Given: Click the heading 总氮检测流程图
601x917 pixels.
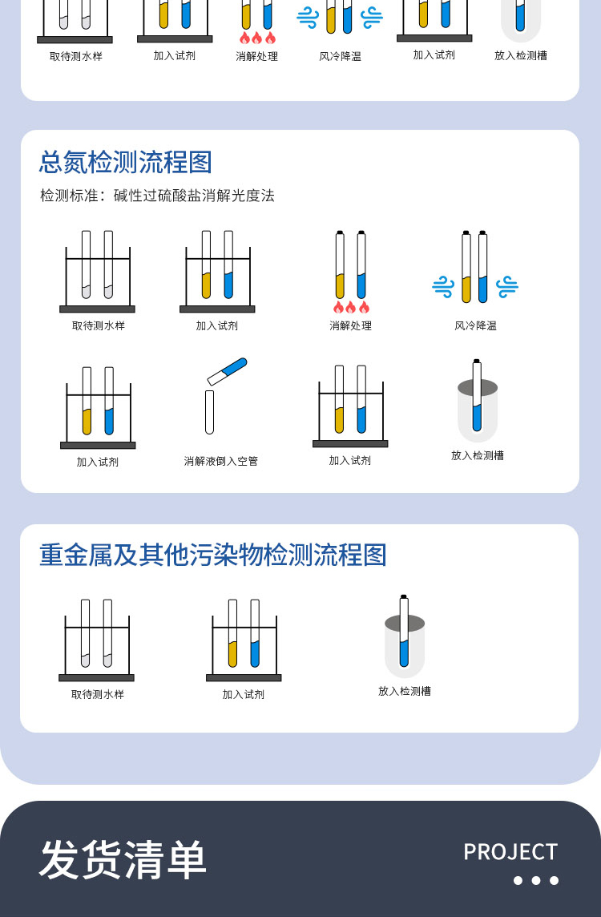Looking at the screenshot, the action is [126, 162].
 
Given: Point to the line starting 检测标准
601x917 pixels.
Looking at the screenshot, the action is [157, 196].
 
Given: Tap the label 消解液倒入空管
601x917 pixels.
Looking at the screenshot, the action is [221, 462].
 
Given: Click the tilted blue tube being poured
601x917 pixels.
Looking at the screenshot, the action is [228, 371].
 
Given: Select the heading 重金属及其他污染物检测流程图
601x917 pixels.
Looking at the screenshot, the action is [213, 555].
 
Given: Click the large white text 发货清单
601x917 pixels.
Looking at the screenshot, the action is [123, 859].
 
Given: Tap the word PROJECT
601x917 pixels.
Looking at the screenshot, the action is [510, 852].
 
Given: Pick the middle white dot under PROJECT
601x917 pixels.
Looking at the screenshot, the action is [535, 880].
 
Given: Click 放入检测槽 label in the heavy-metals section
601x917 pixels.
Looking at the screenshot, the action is [405, 691].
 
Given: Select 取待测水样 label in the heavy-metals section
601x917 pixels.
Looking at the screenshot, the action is [98, 694].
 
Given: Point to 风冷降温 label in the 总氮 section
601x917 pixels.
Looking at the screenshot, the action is [475, 325].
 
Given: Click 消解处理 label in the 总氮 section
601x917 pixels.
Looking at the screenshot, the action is [350, 325].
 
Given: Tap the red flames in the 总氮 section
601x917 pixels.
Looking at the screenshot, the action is [351, 307].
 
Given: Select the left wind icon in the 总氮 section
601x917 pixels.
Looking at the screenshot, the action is [443, 287].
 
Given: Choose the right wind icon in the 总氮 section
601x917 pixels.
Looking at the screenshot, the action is [507, 287].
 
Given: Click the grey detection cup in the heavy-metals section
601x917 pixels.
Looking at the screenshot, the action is [405, 645].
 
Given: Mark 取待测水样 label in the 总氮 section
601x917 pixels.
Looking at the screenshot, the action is [99, 325].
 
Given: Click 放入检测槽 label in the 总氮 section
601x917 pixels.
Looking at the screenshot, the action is [478, 455].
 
